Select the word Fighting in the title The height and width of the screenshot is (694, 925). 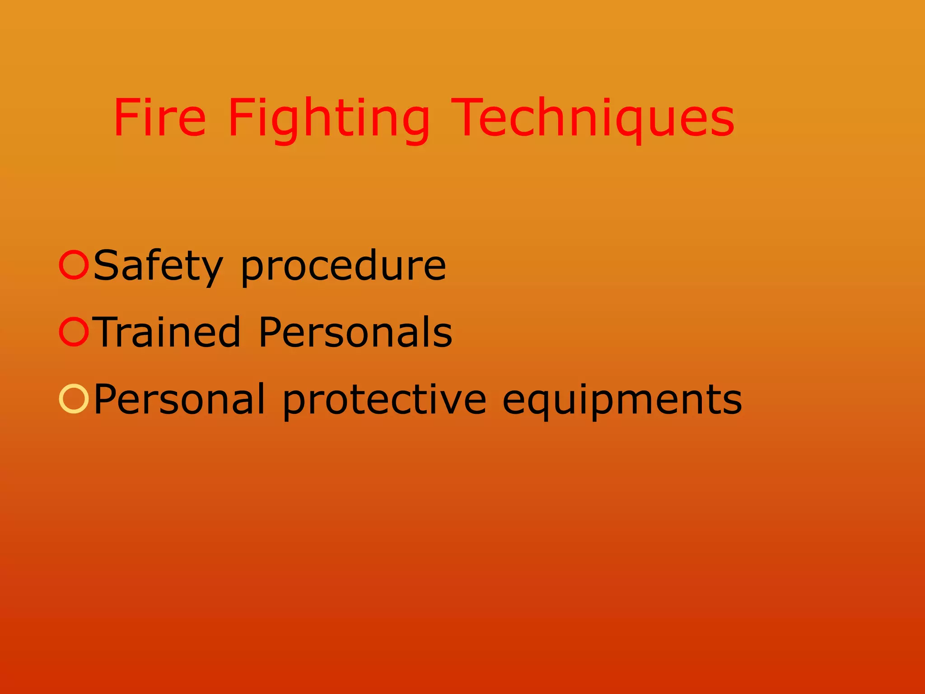[328, 118]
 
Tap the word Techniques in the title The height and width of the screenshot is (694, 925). [593, 118]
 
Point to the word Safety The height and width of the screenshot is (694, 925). [158, 267]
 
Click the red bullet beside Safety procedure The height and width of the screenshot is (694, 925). [73, 265]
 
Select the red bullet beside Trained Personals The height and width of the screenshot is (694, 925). [73, 332]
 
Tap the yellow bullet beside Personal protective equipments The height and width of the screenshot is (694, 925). [73, 399]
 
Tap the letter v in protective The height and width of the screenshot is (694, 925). [452, 400]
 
